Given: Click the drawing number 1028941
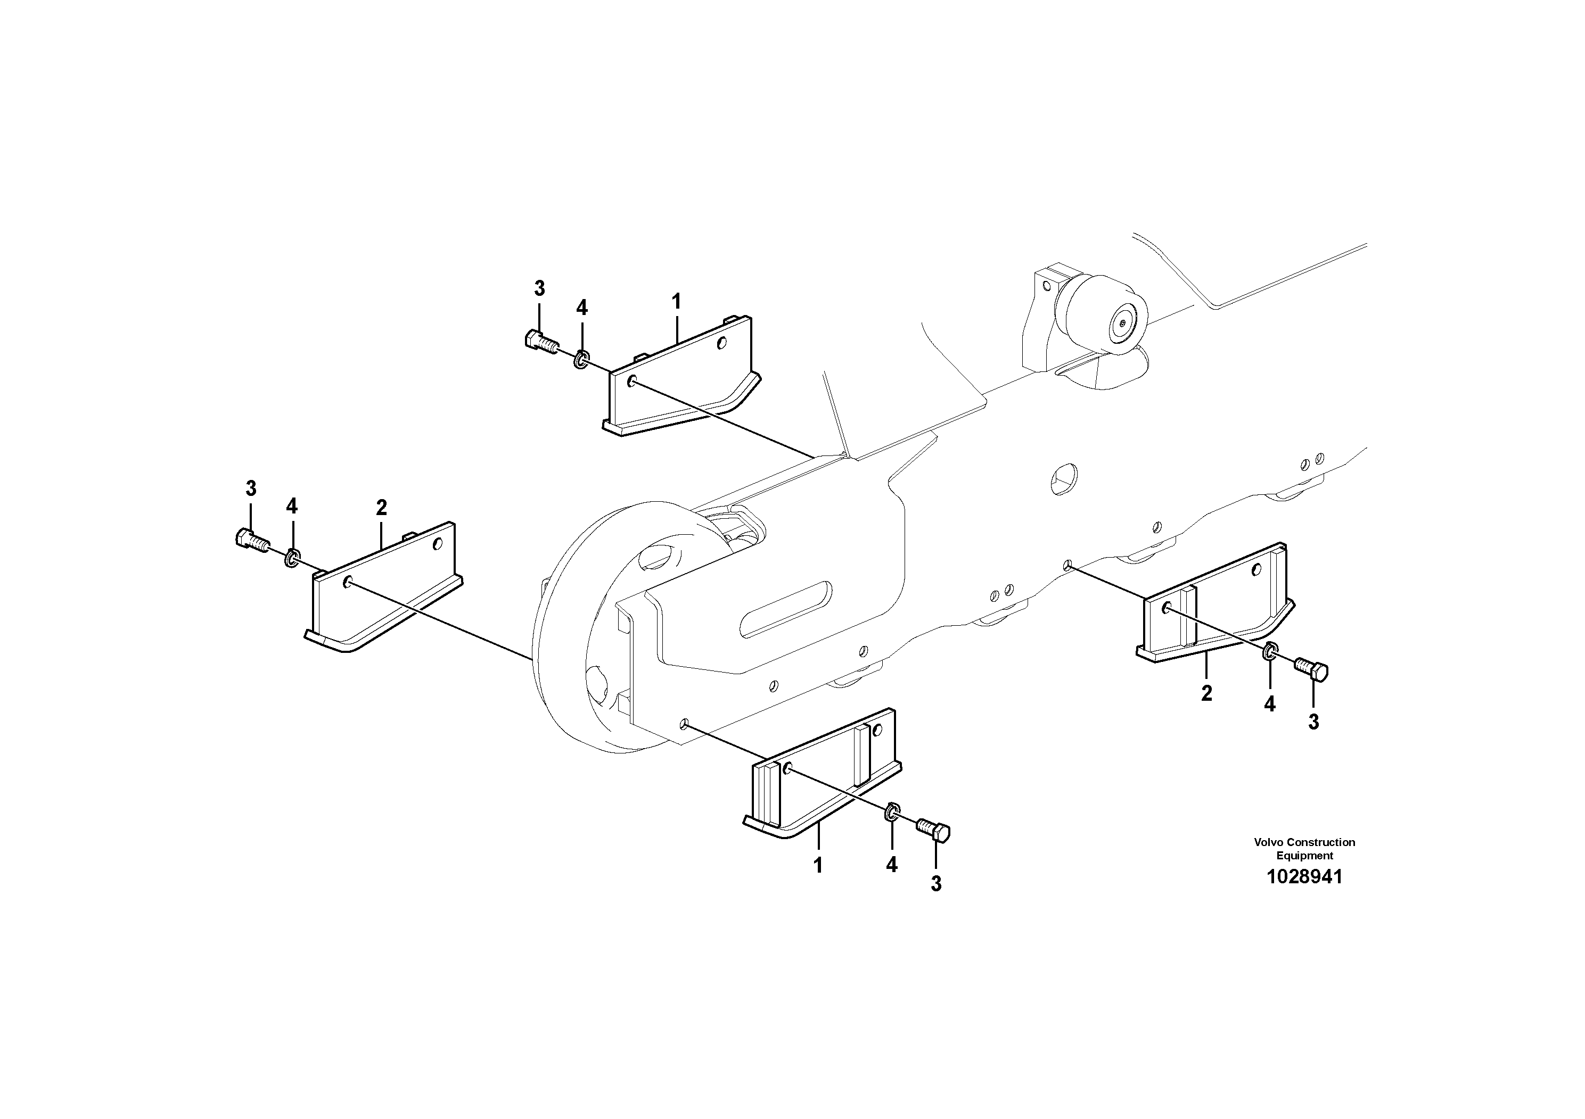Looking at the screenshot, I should coord(1304,877).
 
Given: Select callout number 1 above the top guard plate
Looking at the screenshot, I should coord(677,302).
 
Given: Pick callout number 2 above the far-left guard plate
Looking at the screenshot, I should coord(381,508).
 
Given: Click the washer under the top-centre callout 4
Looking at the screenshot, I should coord(582,358).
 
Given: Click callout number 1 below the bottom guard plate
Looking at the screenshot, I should coord(818,865).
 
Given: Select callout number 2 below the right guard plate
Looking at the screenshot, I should coord(1206,693).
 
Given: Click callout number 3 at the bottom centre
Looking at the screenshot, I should coord(936,884).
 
